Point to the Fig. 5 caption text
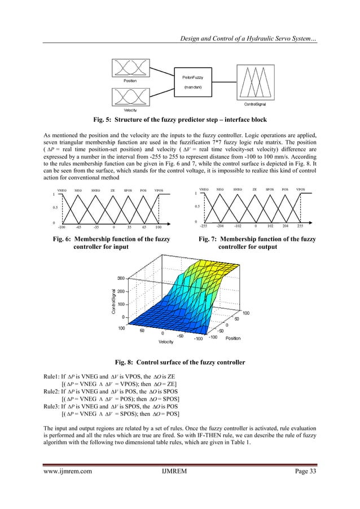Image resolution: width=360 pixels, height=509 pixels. (x=179, y=120)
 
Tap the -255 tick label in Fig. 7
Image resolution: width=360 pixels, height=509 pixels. (x=203, y=225)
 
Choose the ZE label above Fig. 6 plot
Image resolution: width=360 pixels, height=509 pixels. (x=113, y=191)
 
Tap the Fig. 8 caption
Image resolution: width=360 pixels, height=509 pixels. (x=179, y=361)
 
